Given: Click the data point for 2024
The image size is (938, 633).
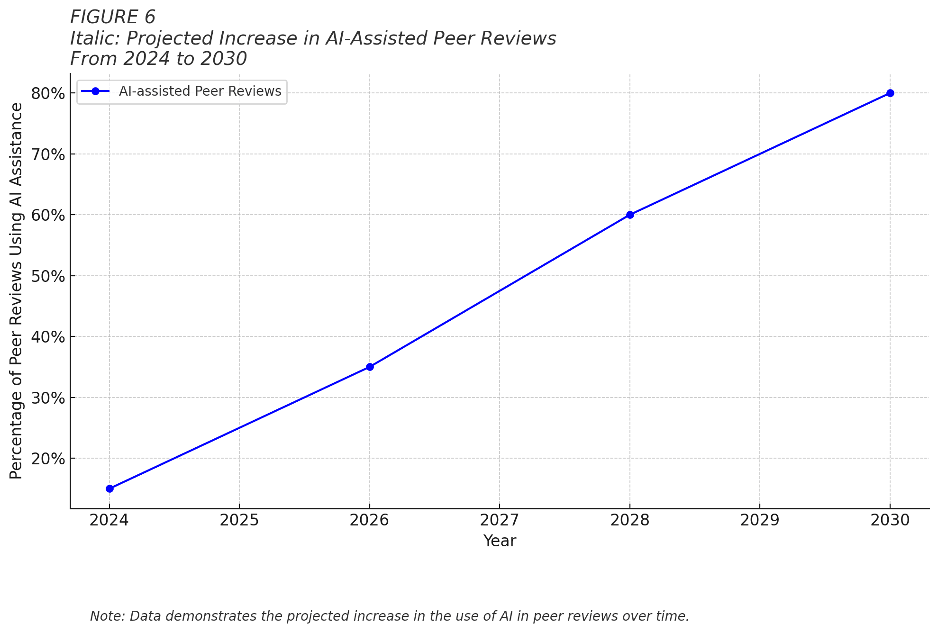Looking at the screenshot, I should click(109, 488).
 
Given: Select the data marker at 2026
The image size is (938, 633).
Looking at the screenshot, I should click(370, 367).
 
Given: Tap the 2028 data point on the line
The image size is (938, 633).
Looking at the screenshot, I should click(630, 215).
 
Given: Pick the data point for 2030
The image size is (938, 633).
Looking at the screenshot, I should click(890, 93).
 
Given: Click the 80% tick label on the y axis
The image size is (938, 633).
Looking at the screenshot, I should click(48, 94).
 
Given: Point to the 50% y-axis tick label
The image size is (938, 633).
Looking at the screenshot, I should click(48, 276).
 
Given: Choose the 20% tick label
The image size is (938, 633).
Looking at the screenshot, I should click(48, 459).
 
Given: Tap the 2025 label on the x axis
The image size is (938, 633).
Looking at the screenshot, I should click(239, 520).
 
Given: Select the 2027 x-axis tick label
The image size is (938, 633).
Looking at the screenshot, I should click(500, 520).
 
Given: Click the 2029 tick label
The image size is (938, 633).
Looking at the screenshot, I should click(760, 520).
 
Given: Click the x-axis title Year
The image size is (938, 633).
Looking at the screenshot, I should click(500, 541).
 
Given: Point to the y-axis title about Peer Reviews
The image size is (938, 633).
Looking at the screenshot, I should click(16, 290).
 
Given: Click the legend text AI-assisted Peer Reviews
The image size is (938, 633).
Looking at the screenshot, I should click(200, 91).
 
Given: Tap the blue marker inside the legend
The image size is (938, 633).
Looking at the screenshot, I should click(95, 91).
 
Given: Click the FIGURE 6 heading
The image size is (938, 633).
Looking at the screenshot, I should click(113, 17).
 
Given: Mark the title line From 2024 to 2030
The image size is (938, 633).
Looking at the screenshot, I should click(158, 59).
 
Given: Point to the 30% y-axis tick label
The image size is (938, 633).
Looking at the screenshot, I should click(48, 398).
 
